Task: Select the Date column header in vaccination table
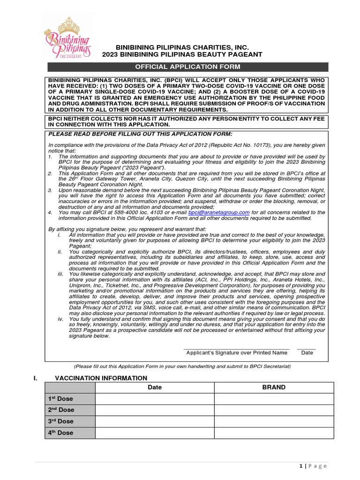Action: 155,387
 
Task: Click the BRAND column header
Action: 274,387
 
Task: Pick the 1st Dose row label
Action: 61,399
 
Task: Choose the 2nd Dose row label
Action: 61,410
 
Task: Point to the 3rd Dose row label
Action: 61,421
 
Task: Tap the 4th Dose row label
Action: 61,433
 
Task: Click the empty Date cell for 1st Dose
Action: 155,399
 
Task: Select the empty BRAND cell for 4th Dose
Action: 274,433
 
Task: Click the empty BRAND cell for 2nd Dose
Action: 274,410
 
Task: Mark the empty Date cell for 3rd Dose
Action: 155,421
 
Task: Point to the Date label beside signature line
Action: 307,352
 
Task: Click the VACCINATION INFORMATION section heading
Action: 101,378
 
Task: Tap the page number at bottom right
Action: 313,465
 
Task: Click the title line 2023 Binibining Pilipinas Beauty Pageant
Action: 182,55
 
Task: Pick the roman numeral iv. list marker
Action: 60,319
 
